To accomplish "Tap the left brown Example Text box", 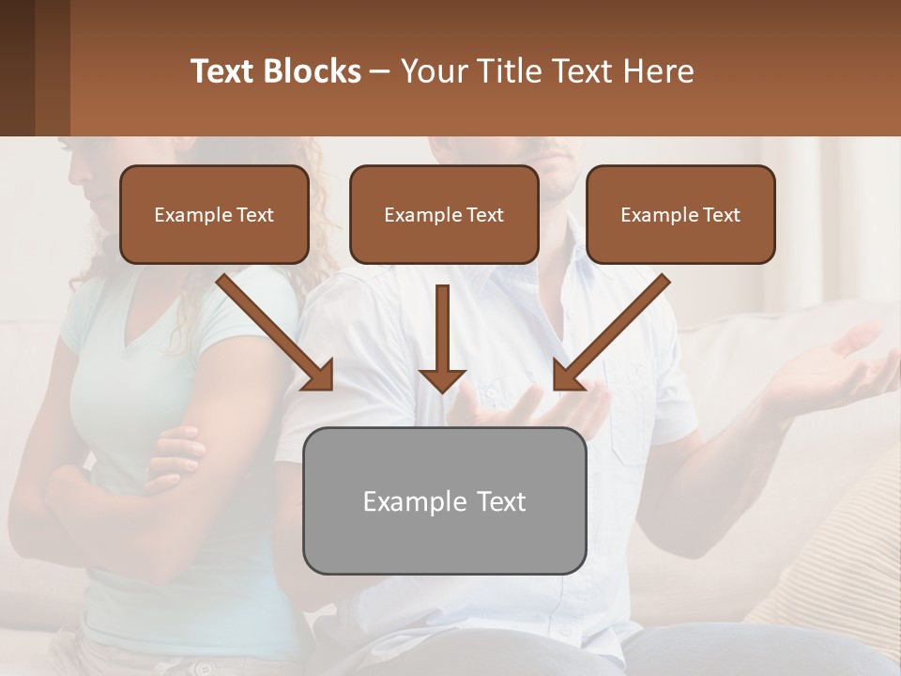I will click(214, 215).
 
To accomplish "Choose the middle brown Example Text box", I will click(444, 215).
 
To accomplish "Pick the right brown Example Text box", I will click(680, 215).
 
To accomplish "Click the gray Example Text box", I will click(444, 501).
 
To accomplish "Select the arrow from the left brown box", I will click(276, 332).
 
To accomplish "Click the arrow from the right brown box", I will click(611, 332).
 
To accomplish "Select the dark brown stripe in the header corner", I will click(17, 68).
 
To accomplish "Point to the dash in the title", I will click(380, 71).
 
